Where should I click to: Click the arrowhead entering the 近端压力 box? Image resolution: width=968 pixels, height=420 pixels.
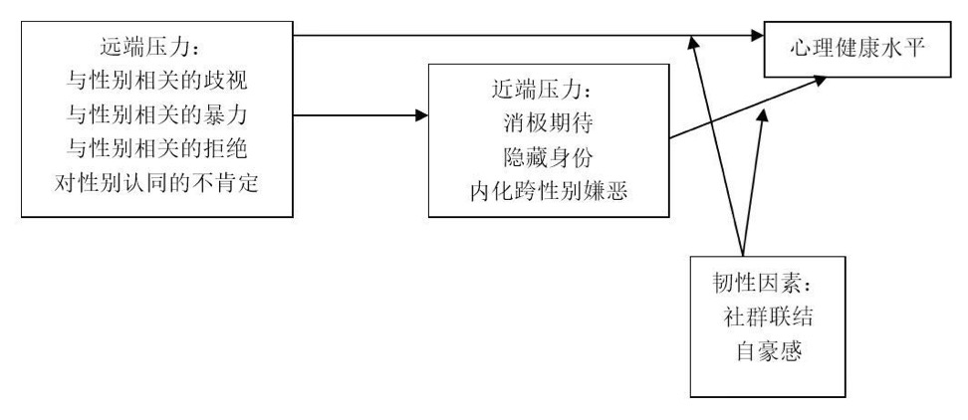[x=421, y=114]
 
